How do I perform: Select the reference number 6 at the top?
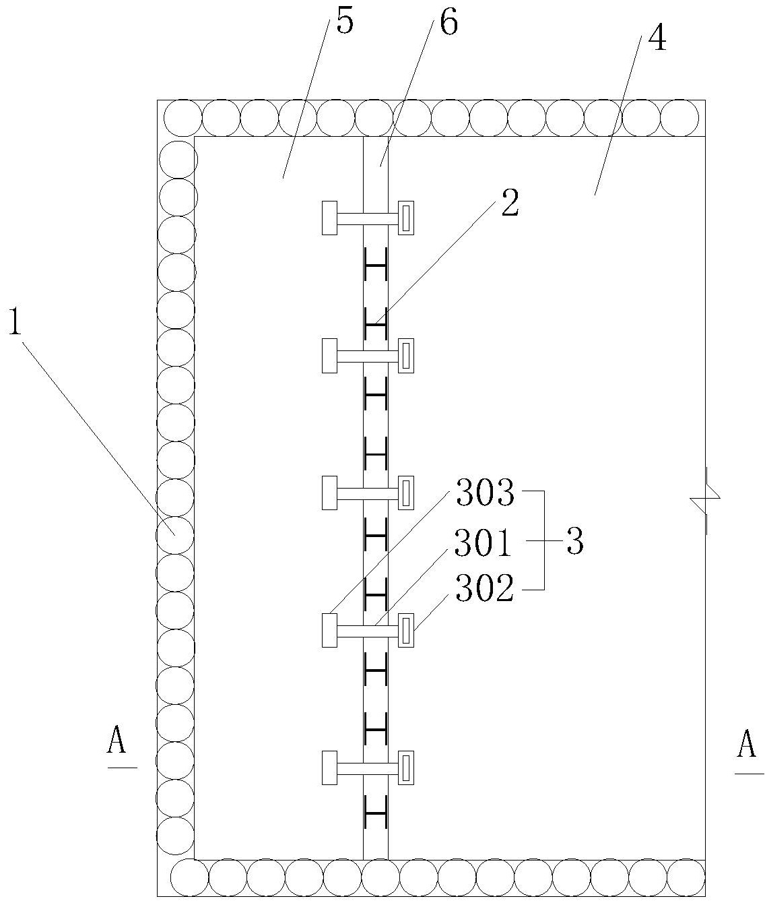[x=449, y=21]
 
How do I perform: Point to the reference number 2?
[x=510, y=203]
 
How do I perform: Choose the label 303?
[x=485, y=493]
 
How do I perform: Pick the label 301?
[x=483, y=543]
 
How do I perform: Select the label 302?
[x=484, y=588]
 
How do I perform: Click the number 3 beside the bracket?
[x=575, y=541]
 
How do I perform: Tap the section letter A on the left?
[x=117, y=739]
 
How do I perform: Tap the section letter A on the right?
[x=746, y=744]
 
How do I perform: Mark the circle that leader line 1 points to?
[x=175, y=535]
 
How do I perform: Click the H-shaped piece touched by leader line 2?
[x=376, y=324]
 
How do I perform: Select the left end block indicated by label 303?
[x=329, y=630]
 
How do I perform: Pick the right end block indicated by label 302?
[x=405, y=630]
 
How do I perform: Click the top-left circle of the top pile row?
[x=183, y=118]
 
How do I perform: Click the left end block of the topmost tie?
[x=329, y=218]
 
